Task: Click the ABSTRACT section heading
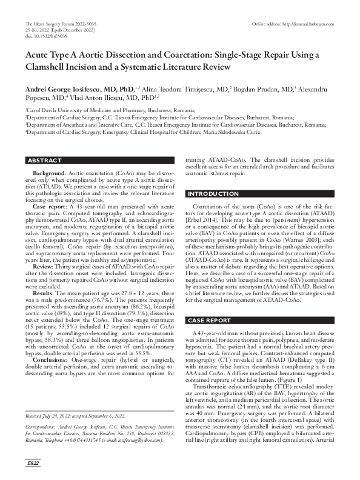(x=45, y=160)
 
